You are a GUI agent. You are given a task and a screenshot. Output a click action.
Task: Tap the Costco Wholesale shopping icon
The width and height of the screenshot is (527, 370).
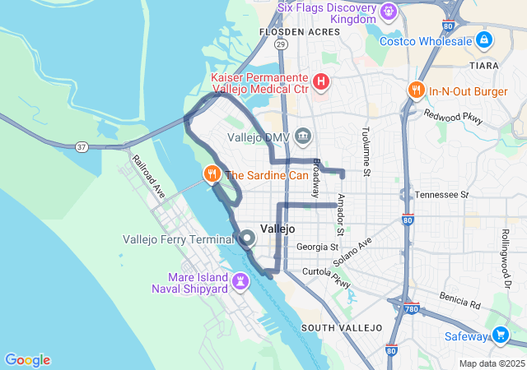483,39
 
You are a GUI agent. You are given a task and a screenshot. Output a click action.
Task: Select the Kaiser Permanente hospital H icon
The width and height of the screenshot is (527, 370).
321,82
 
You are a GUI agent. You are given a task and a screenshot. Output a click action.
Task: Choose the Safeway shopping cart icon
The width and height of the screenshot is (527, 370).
500,335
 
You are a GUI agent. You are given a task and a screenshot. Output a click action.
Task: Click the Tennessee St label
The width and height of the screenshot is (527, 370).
441,195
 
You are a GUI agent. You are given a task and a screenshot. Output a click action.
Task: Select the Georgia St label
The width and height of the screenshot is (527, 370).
317,247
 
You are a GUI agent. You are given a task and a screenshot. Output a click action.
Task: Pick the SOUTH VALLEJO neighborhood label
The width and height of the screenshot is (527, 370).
342,327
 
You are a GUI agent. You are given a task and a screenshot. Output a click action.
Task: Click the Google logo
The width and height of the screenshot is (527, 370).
27,359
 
